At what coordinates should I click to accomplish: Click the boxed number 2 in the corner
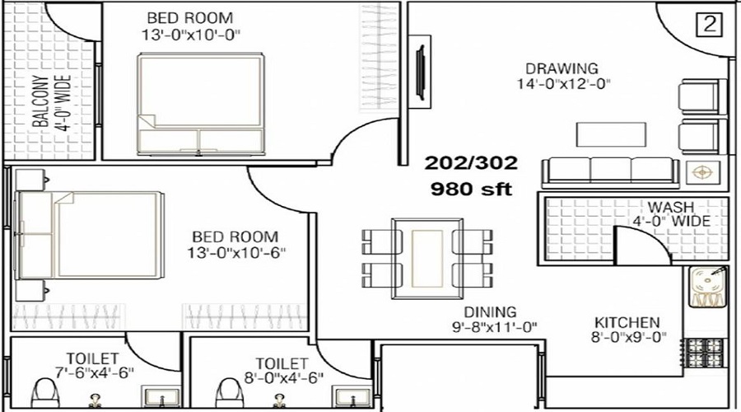tap(710, 25)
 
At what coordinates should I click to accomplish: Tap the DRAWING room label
tap(562, 68)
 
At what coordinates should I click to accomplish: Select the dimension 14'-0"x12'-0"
tap(563, 84)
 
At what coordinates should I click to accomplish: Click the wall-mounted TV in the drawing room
tap(420, 72)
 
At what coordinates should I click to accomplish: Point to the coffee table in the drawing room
tap(611, 134)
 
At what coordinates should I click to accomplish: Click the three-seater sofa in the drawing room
tap(610, 172)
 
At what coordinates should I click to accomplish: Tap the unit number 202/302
tap(471, 163)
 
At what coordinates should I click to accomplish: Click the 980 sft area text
tap(471, 190)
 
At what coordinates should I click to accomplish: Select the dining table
tap(427, 258)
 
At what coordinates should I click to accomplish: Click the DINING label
tap(490, 311)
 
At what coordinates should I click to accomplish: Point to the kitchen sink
tap(706, 286)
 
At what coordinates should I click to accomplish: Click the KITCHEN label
tap(627, 323)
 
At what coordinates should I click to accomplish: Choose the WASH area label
tap(670, 207)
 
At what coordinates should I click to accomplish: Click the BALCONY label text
tap(42, 101)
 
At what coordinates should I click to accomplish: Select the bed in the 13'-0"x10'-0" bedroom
tap(200, 104)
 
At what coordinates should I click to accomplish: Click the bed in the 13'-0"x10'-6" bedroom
tap(89, 235)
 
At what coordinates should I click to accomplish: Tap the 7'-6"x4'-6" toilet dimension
tap(94, 372)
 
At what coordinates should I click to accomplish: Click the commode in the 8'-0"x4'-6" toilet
tap(230, 394)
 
